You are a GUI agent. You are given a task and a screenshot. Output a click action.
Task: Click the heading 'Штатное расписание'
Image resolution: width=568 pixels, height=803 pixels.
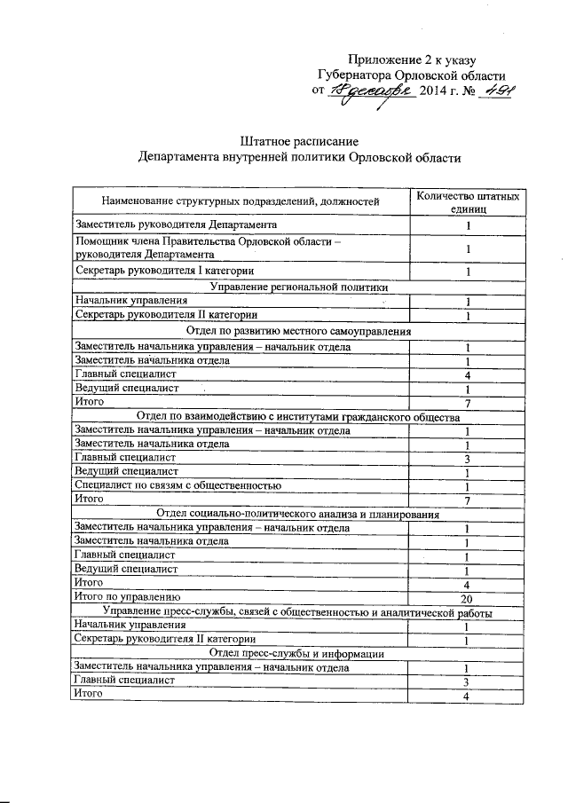[298, 141]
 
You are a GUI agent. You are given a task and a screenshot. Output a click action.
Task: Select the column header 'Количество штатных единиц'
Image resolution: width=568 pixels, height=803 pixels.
[467, 201]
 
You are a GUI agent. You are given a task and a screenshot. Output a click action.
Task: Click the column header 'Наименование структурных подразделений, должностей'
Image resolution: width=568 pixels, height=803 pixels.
[240, 202]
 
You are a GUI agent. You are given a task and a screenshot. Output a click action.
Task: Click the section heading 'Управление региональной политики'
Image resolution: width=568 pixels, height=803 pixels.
[297, 286]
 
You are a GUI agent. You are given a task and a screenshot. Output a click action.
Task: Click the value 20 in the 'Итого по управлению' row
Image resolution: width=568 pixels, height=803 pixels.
[467, 598]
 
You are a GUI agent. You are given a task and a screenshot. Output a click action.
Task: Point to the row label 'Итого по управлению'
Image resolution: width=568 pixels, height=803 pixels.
[129, 597]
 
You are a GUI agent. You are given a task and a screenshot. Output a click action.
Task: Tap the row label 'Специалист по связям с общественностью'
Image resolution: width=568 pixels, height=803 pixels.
[178, 485]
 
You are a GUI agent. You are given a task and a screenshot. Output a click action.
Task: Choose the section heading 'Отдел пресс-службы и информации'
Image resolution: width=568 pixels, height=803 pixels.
[297, 653]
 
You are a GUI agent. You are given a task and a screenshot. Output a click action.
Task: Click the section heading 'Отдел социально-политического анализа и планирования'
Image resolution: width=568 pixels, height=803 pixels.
[297, 514]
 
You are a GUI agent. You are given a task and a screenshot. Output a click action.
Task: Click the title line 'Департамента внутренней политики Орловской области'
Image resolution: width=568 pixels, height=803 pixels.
[299, 157]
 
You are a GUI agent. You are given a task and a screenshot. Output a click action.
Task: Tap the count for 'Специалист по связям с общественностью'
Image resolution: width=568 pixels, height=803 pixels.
[467, 487]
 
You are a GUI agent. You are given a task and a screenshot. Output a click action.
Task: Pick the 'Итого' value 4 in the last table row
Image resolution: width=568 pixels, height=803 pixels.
[467, 696]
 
